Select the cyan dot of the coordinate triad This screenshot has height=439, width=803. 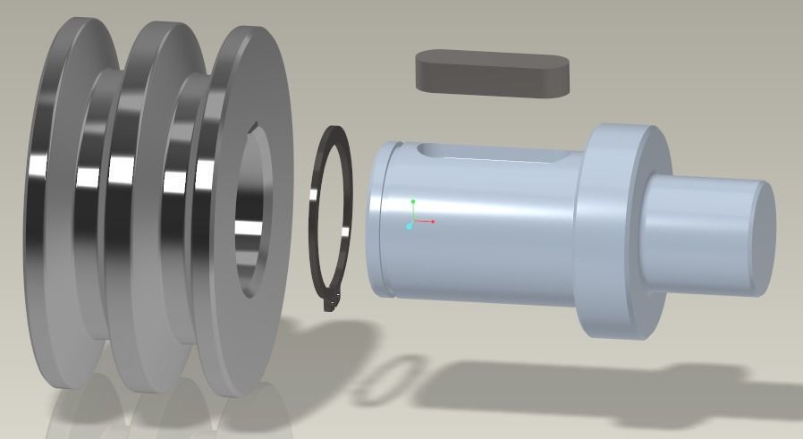tap(410, 227)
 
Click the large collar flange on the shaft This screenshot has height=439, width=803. tap(617, 232)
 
